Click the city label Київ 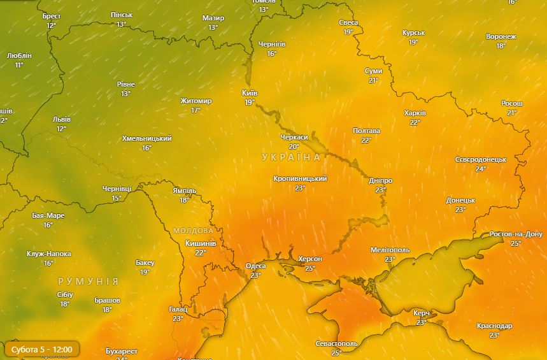pos(250,93)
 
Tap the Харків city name pos(415,113)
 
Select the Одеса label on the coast pos(256,266)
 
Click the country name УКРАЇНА pos(291,157)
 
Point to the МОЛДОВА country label pos(193,230)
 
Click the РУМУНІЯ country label pos(88,281)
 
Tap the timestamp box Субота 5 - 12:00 pos(41,349)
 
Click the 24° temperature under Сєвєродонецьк pos(480,169)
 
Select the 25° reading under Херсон pos(310,268)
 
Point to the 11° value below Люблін pos(19,65)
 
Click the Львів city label pos(61,120)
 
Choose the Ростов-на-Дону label pos(516,234)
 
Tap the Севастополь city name pos(336,344)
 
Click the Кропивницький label pos(300,179)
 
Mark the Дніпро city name pos(381,181)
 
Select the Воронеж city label pos(501,37)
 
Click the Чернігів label pos(272,45)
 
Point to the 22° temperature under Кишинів pos(201,253)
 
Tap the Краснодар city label pos(494,326)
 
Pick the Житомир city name pos(195,101)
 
